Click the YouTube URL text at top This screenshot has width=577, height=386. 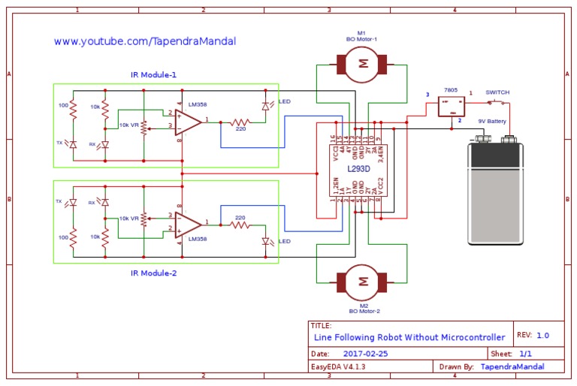pyautogui.click(x=144, y=41)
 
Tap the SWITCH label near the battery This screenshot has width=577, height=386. pyautogui.click(x=497, y=92)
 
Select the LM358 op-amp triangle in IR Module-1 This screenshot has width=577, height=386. pyautogui.click(x=188, y=120)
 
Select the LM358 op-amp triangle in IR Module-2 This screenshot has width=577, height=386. pyautogui.click(x=188, y=223)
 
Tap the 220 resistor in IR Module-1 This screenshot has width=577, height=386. pyautogui.click(x=240, y=122)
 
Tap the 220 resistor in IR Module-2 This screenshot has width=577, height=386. pyautogui.click(x=240, y=225)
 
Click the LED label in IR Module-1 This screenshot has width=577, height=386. pyautogui.click(x=285, y=101)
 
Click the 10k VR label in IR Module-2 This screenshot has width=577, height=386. pyautogui.click(x=129, y=219)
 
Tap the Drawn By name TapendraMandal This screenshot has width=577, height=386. pyautogui.click(x=512, y=366)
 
